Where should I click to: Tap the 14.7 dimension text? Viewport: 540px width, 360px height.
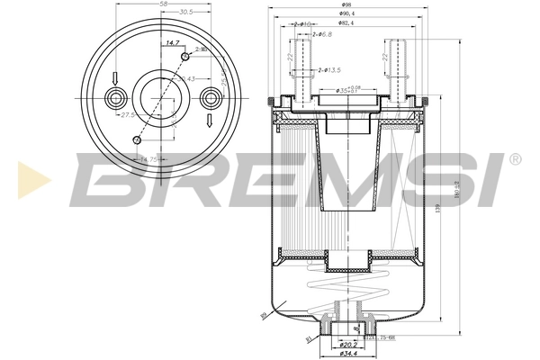pos(170,42)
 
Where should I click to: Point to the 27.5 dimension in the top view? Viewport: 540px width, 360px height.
pos(128,114)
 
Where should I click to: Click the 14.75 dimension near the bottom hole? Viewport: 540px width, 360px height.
pos(146,158)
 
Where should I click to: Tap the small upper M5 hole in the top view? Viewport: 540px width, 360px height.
pos(184,57)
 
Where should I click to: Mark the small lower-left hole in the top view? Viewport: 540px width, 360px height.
pos(137,139)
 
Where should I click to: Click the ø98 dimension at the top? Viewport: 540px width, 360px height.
pos(347,6)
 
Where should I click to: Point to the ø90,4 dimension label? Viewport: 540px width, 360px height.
pos(346,15)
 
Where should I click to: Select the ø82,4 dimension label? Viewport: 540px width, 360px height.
pos(346,24)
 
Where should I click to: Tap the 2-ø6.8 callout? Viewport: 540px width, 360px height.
pos(320,34)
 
